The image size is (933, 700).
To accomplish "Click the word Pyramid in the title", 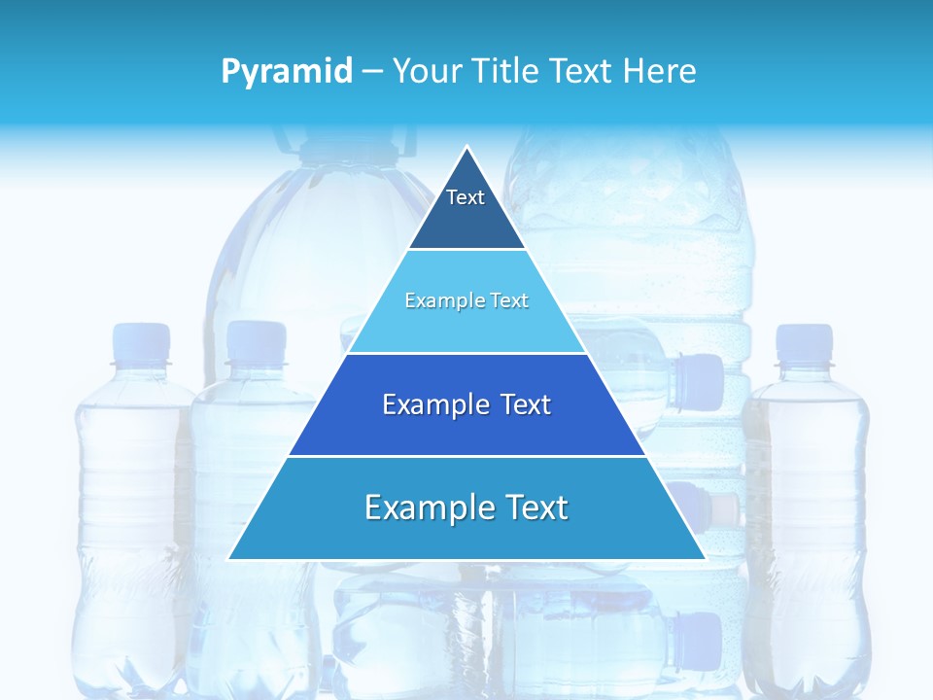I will pyautogui.click(x=286, y=72).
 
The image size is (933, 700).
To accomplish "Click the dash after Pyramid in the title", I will pyautogui.click(x=372, y=72).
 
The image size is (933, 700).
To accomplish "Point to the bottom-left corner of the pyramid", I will pyautogui.click(x=230, y=558).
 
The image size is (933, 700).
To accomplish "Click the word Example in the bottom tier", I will pyautogui.click(x=429, y=507).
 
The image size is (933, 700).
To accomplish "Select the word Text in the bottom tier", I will pyautogui.click(x=534, y=507).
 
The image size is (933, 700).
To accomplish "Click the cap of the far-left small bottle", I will pyautogui.click(x=141, y=343).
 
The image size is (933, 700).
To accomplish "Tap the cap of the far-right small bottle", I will pyautogui.click(x=805, y=343).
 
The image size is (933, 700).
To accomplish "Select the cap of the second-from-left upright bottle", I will pyautogui.click(x=257, y=341).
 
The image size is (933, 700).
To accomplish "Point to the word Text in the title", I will pyautogui.click(x=583, y=72).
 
